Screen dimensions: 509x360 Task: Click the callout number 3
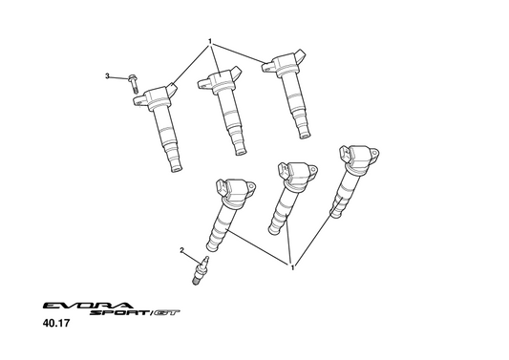click(x=108, y=76)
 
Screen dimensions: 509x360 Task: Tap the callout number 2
click(x=181, y=250)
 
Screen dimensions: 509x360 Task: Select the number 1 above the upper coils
click(x=210, y=41)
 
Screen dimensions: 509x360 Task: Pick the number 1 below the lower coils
click(x=292, y=267)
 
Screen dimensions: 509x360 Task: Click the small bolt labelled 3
click(x=133, y=83)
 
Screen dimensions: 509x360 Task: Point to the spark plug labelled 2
click(x=201, y=270)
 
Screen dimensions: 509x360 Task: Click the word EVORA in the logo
click(x=88, y=306)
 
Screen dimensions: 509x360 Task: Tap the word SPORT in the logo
click(x=118, y=313)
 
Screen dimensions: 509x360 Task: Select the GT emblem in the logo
click(x=166, y=313)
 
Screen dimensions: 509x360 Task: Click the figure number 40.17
click(x=56, y=324)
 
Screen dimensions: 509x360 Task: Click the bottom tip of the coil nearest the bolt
click(x=177, y=169)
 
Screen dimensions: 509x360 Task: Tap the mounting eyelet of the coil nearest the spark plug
click(x=251, y=187)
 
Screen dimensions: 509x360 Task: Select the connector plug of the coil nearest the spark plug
click(x=221, y=186)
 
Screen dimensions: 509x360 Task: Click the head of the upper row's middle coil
click(x=220, y=79)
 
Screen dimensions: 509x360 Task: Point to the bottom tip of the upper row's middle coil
click(x=242, y=152)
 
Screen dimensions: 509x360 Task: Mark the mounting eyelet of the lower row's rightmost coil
click(x=374, y=153)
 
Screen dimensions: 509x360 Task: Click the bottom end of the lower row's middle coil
click(x=274, y=231)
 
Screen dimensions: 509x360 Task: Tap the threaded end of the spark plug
click(x=196, y=282)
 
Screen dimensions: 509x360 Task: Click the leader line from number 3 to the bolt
click(x=119, y=77)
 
